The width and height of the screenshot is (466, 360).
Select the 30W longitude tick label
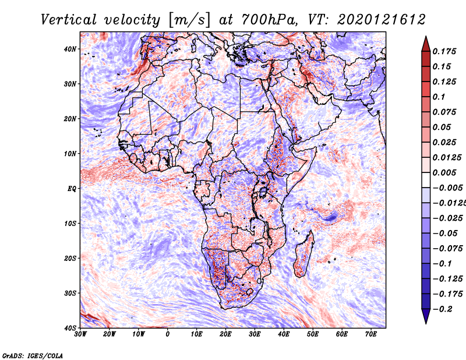click(x=80, y=334)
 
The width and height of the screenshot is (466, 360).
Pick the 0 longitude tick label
click(x=168, y=334)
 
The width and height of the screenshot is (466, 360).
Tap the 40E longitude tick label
click(x=284, y=334)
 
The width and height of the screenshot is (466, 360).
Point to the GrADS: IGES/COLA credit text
click(x=32, y=354)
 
